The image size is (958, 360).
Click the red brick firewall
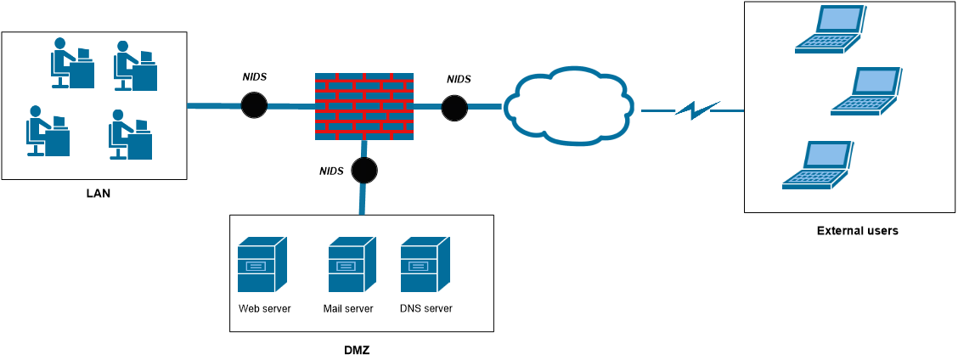(x=363, y=106)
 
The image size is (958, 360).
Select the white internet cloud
(x=569, y=106)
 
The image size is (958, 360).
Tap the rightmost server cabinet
(x=424, y=265)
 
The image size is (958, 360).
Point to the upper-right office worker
(x=134, y=66)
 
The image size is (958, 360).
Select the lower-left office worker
(x=47, y=132)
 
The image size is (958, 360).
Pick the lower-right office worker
(x=129, y=135)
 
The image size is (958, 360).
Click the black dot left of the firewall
(x=254, y=105)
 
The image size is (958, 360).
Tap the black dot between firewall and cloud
(x=454, y=107)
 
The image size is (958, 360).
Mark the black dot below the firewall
(x=364, y=170)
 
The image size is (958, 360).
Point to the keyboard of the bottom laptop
(x=812, y=177)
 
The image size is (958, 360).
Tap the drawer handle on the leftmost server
(x=256, y=266)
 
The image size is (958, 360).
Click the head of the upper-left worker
(x=59, y=43)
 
